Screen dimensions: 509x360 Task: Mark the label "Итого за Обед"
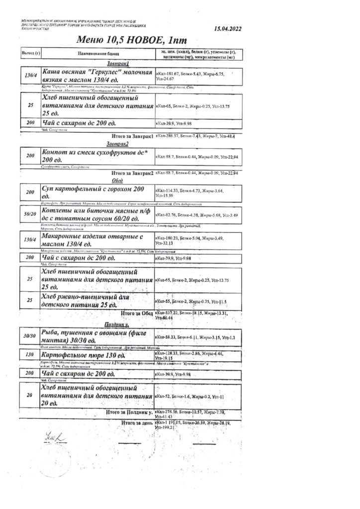point(136,313)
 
